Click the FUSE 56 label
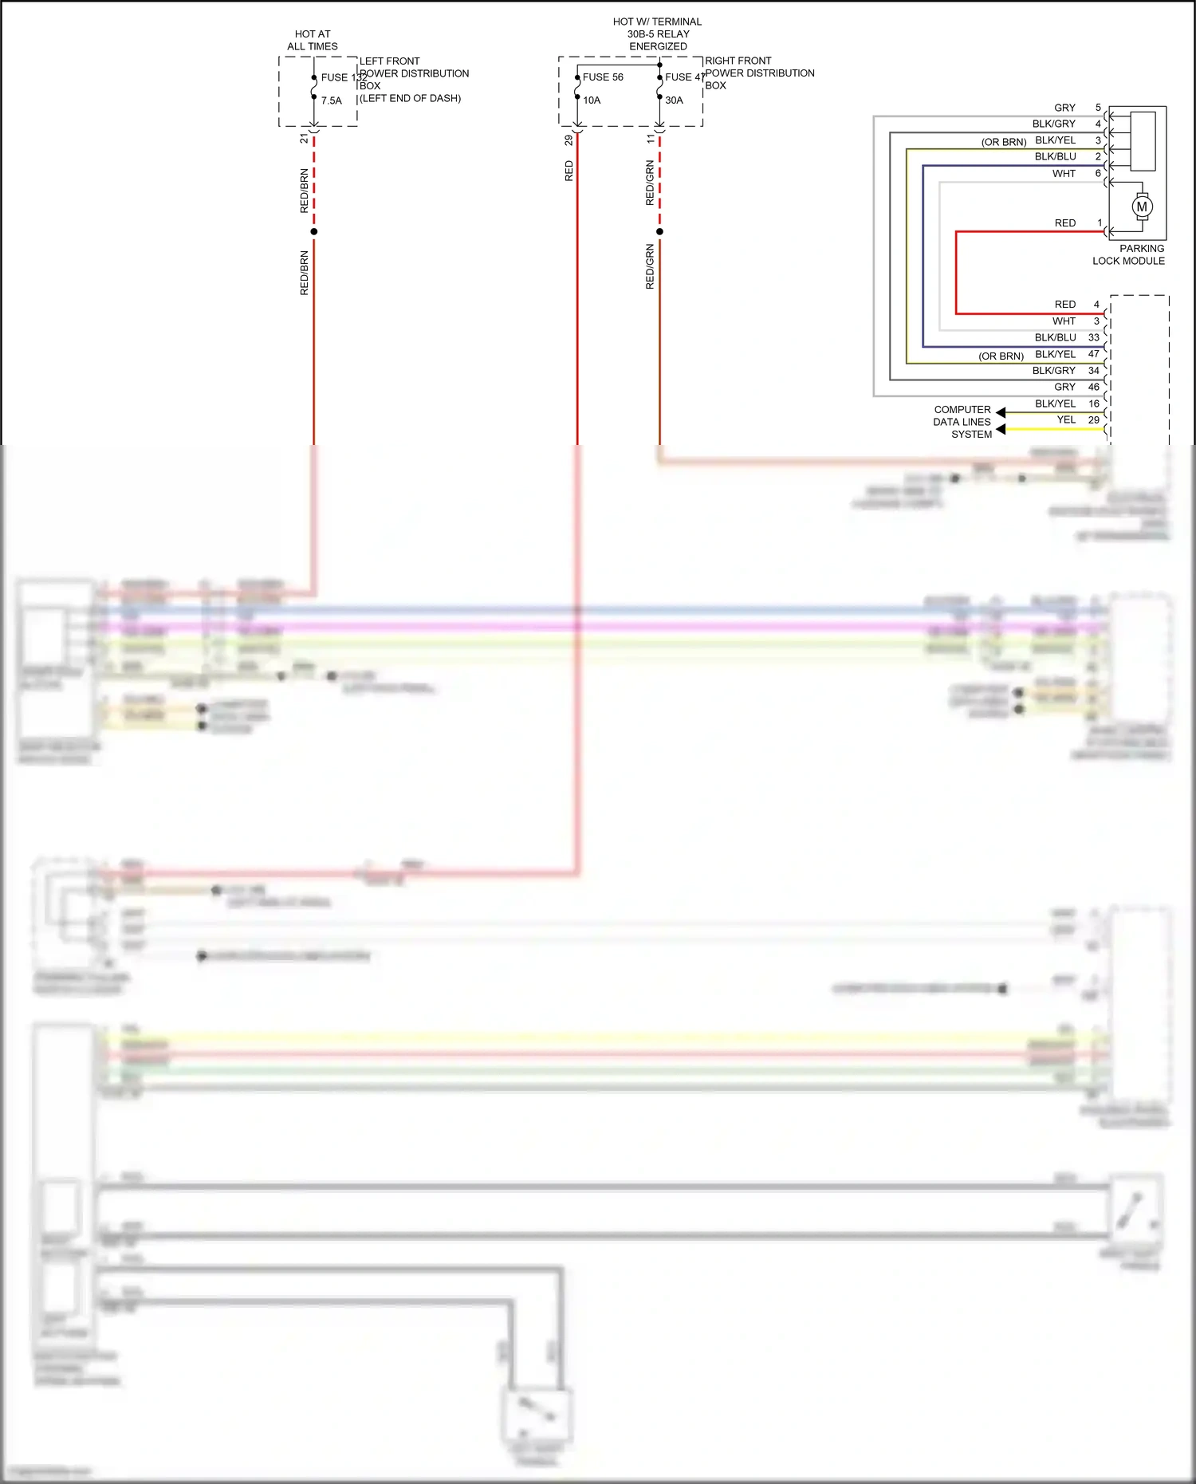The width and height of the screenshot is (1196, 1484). click(603, 77)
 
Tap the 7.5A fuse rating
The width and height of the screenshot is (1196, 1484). click(332, 101)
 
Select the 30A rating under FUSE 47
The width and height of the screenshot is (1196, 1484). click(674, 100)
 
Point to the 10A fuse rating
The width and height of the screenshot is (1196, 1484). click(592, 100)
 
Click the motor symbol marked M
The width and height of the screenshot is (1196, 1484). click(1142, 207)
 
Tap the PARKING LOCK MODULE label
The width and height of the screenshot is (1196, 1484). click(1128, 254)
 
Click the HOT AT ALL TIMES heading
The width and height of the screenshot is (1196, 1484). click(313, 40)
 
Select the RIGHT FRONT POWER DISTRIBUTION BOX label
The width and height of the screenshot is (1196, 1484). click(759, 73)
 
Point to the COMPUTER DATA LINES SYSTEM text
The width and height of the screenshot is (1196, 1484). click(962, 422)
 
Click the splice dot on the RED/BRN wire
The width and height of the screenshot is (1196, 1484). click(314, 231)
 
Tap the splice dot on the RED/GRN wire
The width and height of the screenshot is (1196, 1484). click(659, 232)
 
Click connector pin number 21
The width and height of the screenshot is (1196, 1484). click(304, 138)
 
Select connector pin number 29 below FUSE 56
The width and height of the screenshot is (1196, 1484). click(568, 140)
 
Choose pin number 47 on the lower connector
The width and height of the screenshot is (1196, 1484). click(1093, 354)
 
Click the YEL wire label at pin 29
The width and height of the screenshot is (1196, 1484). click(1066, 419)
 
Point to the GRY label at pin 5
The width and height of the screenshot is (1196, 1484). click(1064, 108)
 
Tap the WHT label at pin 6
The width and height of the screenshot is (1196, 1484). click(1064, 173)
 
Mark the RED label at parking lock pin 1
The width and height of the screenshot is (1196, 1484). click(1064, 223)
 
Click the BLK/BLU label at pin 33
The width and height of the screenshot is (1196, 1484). click(1055, 337)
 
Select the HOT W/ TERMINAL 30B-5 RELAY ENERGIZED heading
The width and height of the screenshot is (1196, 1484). click(658, 34)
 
